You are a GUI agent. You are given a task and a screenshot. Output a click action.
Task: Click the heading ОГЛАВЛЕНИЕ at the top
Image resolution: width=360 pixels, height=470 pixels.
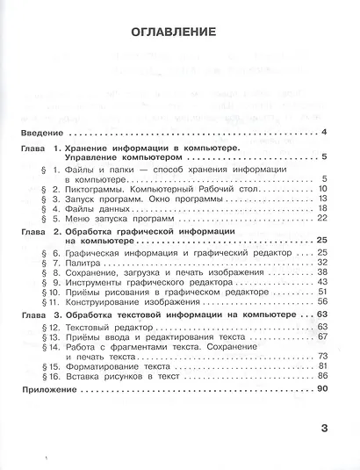(174, 33)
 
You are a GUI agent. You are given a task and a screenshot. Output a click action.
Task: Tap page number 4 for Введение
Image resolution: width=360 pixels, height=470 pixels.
(324, 133)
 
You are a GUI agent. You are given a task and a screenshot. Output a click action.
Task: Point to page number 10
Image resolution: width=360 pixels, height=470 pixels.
(321, 188)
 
